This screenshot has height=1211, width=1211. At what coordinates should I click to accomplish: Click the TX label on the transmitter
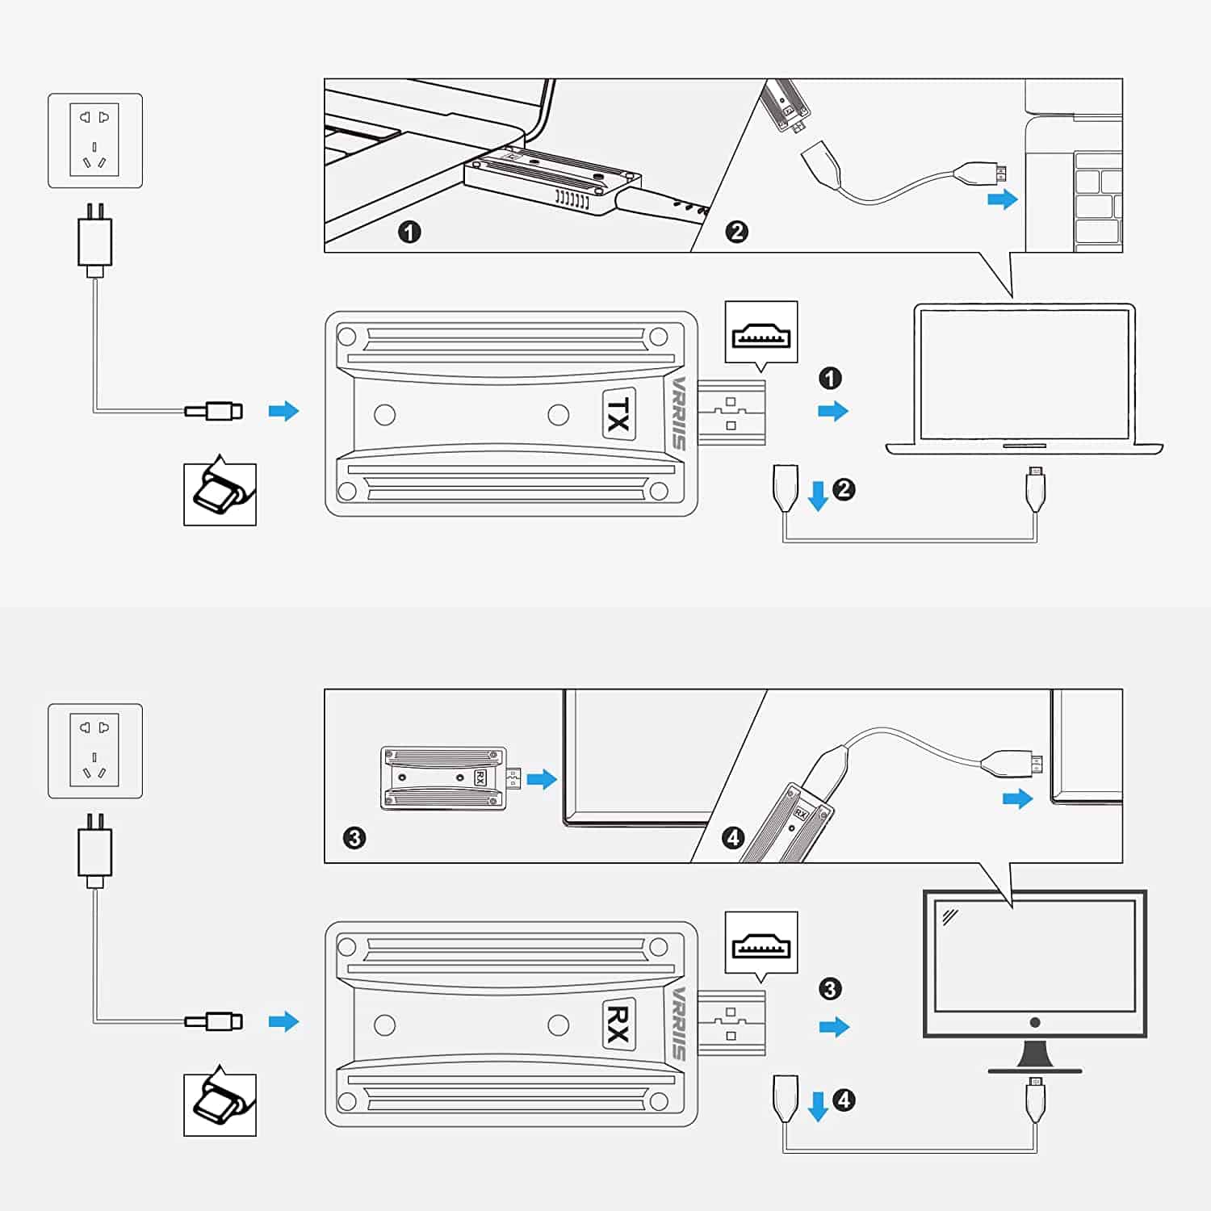pos(618,414)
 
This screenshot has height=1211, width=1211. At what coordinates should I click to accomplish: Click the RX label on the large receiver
pos(618,1025)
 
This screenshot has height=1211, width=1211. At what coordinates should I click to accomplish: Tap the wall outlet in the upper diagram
pos(95,140)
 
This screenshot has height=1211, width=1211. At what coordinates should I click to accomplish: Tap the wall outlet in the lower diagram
pos(95,751)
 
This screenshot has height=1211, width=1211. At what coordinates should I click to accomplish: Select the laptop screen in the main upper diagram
pos(1025,374)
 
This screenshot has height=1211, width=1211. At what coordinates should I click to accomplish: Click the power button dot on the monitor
pos(1035,1023)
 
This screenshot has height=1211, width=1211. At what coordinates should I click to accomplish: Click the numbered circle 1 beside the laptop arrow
pos(830,378)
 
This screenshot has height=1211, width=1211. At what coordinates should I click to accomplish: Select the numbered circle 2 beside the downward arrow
pos(844,489)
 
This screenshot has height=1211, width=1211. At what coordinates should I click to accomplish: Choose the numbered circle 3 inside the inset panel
pos(354,838)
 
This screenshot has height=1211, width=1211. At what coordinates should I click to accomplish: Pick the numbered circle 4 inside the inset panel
pos(733,838)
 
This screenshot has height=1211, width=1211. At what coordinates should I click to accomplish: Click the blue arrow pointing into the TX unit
pos(283,411)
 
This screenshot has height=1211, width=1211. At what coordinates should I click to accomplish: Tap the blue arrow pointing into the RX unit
pos(283,1021)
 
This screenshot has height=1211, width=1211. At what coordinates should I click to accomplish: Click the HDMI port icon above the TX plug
pos(761,333)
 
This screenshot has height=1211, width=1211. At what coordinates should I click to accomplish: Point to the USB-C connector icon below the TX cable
pos(220,494)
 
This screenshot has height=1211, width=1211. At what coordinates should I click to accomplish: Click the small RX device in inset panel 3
pos(444,778)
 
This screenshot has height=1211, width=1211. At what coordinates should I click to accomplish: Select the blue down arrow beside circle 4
pos(818,1106)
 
